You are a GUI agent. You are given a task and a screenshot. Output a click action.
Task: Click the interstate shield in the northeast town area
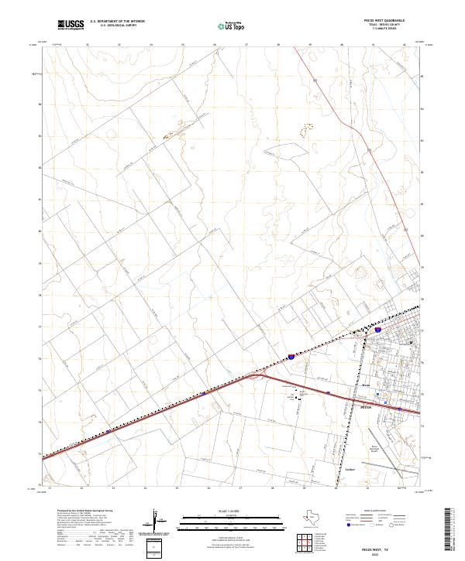pyautogui.click(x=377, y=330)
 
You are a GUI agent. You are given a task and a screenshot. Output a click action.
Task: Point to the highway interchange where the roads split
pyautogui.click(x=257, y=377)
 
